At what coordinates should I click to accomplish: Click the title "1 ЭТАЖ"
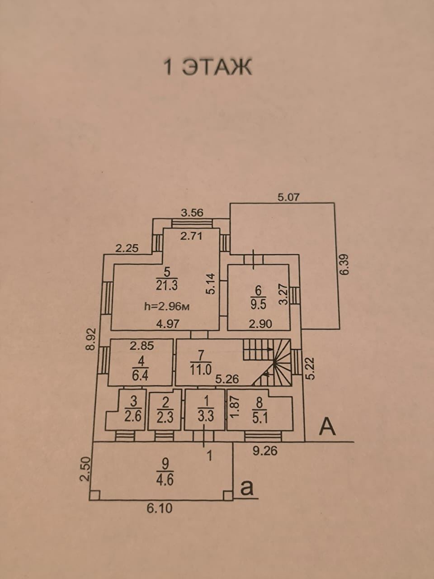tap(207, 67)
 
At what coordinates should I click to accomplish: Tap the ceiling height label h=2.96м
tap(166, 306)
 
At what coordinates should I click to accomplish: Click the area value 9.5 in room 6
tap(258, 304)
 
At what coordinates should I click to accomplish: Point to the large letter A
tap(328, 427)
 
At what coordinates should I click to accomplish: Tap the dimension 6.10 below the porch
tap(160, 508)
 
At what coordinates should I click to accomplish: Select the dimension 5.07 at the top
tap(288, 197)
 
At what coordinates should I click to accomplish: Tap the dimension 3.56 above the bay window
tap(192, 212)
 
